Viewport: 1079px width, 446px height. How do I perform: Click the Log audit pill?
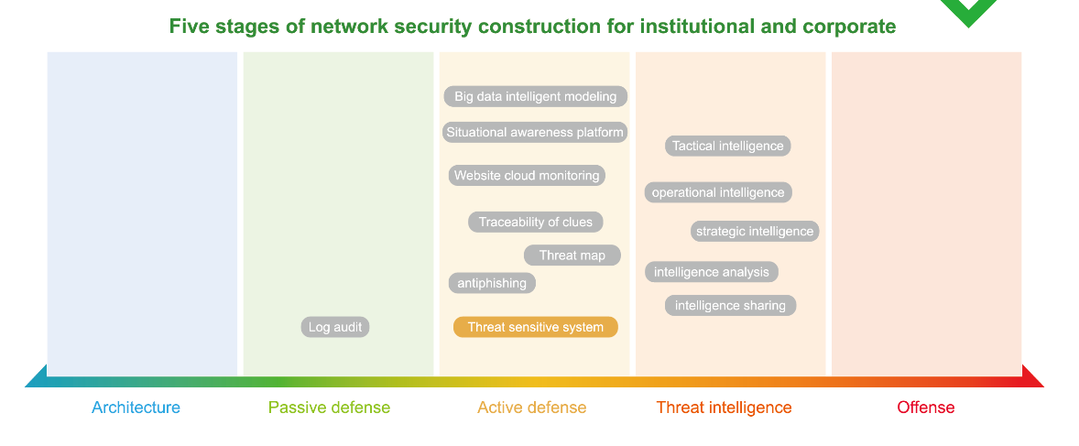(x=335, y=327)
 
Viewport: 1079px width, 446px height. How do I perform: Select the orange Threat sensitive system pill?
(x=535, y=327)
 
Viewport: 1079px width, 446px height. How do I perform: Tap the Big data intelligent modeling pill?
(x=535, y=96)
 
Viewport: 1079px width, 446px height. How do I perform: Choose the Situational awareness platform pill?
(x=535, y=132)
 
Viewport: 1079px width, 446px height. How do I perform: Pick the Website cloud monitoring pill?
(x=527, y=176)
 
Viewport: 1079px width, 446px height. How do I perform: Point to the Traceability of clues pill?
(x=535, y=223)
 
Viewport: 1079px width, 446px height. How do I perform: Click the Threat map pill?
(x=572, y=256)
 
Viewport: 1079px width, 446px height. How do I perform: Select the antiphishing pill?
(x=492, y=283)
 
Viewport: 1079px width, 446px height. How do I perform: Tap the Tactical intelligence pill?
(x=727, y=146)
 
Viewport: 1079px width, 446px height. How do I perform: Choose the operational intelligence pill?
(x=718, y=192)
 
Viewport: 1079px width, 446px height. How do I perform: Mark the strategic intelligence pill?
(x=755, y=232)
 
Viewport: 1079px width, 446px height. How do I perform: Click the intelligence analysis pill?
(x=712, y=272)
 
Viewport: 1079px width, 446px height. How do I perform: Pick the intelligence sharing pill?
(x=730, y=306)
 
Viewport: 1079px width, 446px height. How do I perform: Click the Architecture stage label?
(x=136, y=408)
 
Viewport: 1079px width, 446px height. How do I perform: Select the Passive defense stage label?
(x=329, y=408)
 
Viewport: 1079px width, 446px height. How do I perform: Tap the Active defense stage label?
(x=532, y=408)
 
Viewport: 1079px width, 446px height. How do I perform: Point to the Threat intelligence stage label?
(x=724, y=408)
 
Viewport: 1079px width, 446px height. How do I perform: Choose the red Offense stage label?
(x=925, y=408)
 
